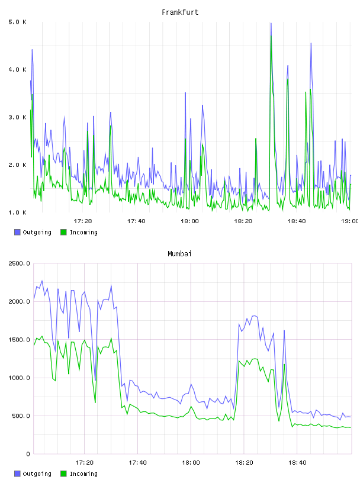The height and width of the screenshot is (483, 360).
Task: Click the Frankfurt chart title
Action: click(x=180, y=12)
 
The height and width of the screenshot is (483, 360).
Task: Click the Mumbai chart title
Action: click(x=179, y=254)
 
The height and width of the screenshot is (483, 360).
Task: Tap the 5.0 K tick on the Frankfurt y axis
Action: click(x=18, y=22)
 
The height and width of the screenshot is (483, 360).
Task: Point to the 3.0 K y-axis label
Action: click(x=18, y=117)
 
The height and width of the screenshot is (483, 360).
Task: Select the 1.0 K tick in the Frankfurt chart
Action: click(x=18, y=212)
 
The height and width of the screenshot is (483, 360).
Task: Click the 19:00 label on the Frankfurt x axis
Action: click(x=350, y=221)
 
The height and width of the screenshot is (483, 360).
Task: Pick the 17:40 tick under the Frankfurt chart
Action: click(x=136, y=221)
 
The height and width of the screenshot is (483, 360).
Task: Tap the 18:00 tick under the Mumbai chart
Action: click(x=191, y=463)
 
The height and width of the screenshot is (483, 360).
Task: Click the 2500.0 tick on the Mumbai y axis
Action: click(x=19, y=263)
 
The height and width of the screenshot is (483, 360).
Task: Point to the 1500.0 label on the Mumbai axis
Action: click(x=19, y=340)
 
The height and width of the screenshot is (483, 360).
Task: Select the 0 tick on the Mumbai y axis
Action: click(x=28, y=454)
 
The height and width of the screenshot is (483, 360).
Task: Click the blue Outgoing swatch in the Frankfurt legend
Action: click(x=17, y=232)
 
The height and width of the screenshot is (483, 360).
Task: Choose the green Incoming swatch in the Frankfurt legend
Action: click(x=63, y=232)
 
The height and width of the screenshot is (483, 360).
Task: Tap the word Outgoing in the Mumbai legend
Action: click(x=37, y=474)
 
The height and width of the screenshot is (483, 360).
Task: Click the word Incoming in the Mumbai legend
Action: click(x=84, y=474)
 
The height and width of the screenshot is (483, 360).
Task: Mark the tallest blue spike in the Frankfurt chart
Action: click(x=271, y=23)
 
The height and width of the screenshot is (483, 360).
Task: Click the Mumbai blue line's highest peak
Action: click(x=42, y=281)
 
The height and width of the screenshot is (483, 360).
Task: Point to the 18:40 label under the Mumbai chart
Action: click(x=297, y=463)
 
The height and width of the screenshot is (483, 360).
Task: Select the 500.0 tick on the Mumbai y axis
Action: click(x=19, y=416)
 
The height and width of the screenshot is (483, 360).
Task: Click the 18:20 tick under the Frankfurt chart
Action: click(x=243, y=221)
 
